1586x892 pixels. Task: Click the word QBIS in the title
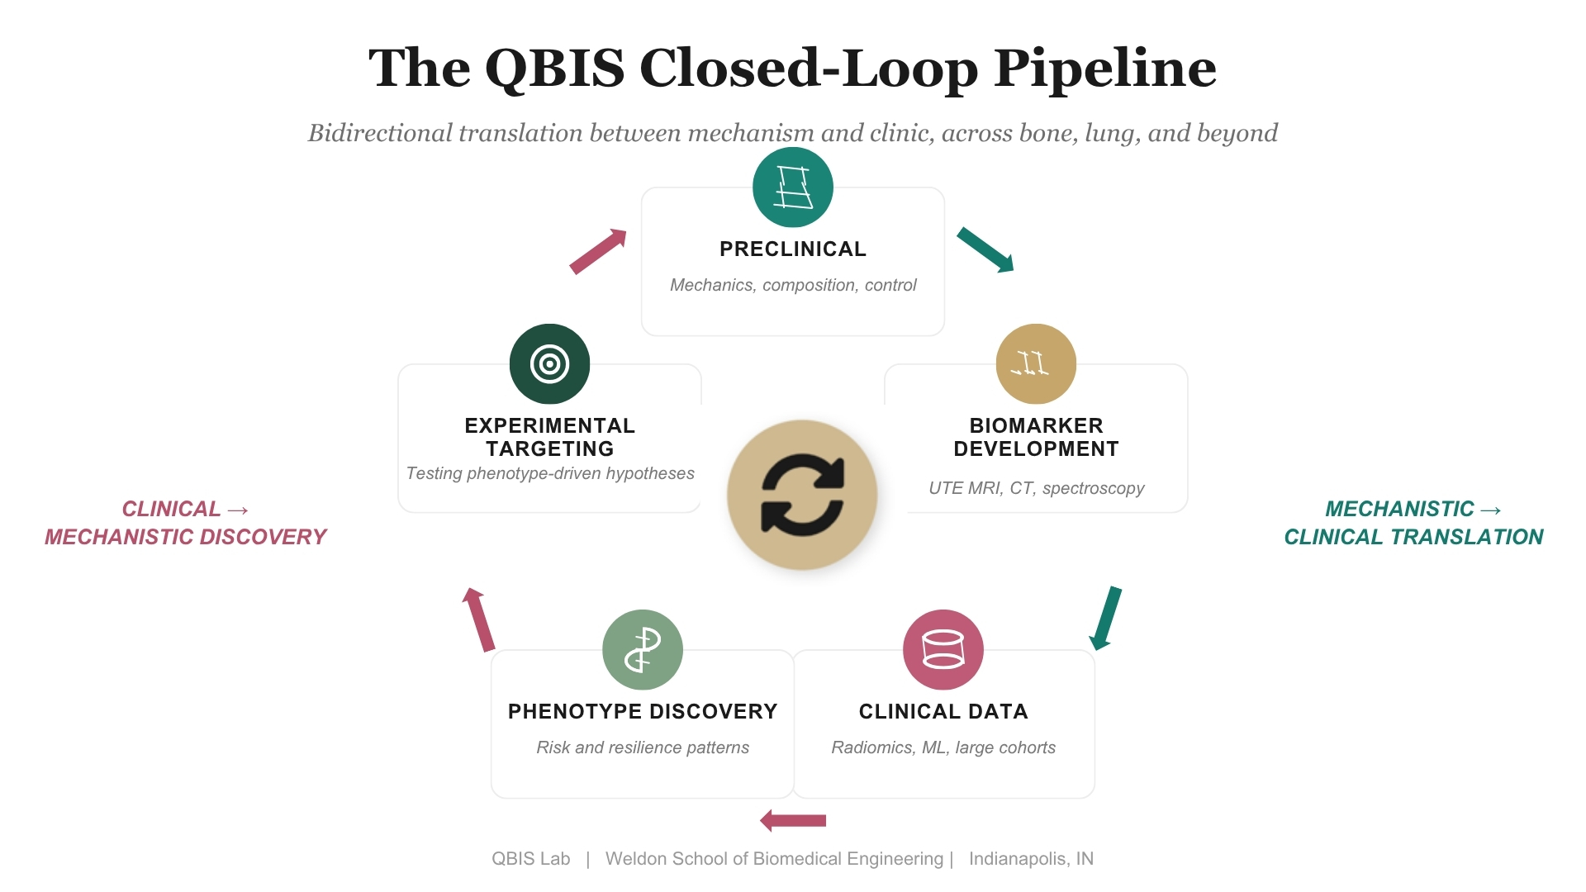[555, 68]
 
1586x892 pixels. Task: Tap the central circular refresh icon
[802, 495]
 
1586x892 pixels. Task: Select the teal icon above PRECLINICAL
[793, 187]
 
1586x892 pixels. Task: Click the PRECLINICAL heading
[793, 249]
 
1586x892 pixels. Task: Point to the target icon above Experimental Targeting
[550, 364]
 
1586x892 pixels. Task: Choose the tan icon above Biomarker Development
[1037, 364]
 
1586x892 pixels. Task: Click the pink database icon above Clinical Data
[943, 650]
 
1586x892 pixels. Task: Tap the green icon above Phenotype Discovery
[643, 650]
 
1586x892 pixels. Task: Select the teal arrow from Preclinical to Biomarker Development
[985, 250]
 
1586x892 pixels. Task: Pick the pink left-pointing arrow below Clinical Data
[793, 820]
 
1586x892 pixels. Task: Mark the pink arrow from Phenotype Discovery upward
[479, 619]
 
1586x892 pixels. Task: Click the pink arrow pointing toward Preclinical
[598, 251]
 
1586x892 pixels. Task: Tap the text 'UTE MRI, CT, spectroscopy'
[1037, 488]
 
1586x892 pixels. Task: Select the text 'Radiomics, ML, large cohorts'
[943, 747]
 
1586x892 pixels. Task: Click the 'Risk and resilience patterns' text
[643, 747]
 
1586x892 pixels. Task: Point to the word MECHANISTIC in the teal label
[1399, 509]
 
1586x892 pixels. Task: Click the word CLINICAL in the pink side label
[171, 509]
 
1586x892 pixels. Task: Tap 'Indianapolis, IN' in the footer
[1031, 859]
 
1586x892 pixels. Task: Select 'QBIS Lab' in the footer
[531, 859]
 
